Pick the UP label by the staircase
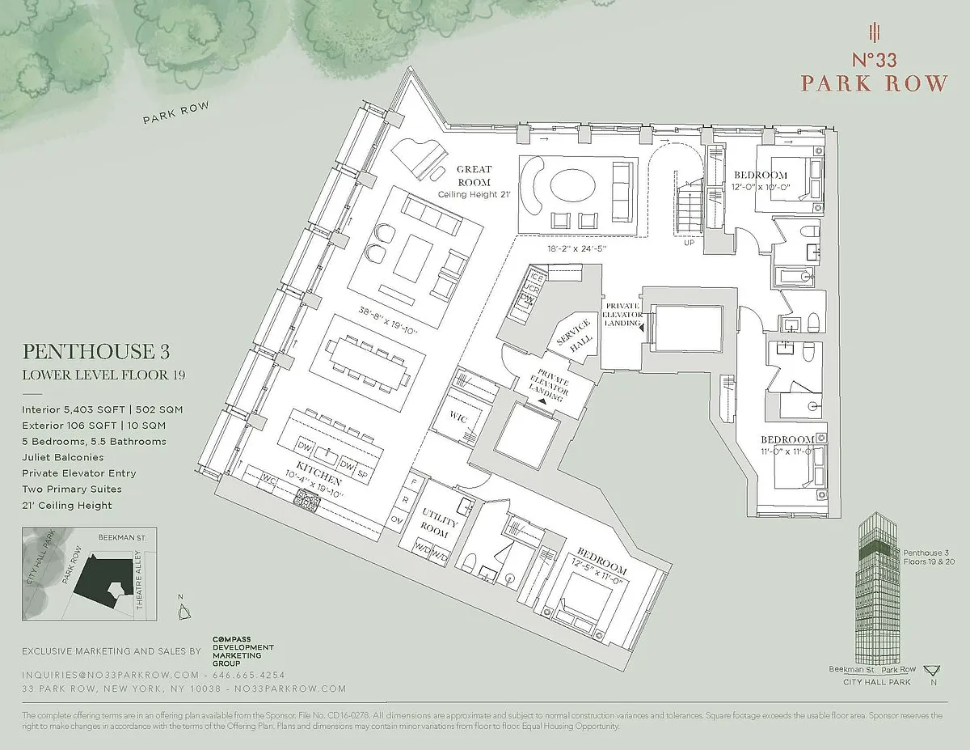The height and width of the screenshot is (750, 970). (x=690, y=242)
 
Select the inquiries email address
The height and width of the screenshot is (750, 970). (x=110, y=675)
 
